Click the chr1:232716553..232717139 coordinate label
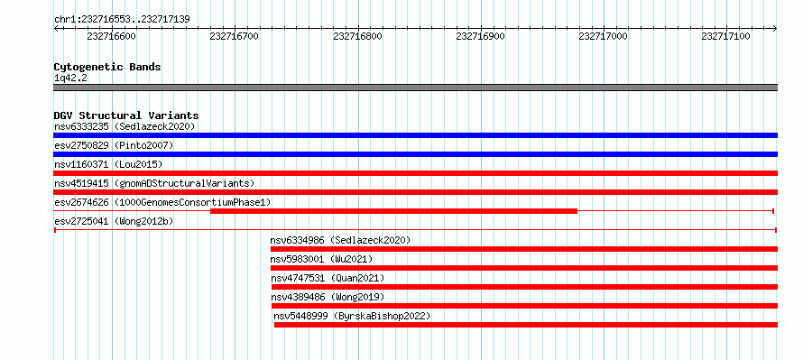tap(123, 20)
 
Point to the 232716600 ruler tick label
tap(112, 36)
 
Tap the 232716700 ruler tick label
tap(235, 36)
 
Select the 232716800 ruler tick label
tap(357, 36)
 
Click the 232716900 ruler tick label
tap(480, 36)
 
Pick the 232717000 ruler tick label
tap(604, 36)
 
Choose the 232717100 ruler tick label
tap(726, 36)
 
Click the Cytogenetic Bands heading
tap(107, 67)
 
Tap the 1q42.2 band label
tap(69, 78)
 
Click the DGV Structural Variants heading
tap(126, 115)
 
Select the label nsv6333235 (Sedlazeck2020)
tap(125, 126)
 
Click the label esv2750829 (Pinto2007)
tap(115, 145)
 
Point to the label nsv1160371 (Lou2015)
tap(108, 164)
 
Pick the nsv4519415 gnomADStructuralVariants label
tap(154, 183)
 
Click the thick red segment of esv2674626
tap(393, 211)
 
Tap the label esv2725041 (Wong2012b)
tap(115, 221)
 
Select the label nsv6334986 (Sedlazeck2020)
tap(340, 240)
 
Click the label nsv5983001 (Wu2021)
tap(321, 259)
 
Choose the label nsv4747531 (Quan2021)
tap(328, 278)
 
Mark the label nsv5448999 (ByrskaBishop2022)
tap(353, 316)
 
